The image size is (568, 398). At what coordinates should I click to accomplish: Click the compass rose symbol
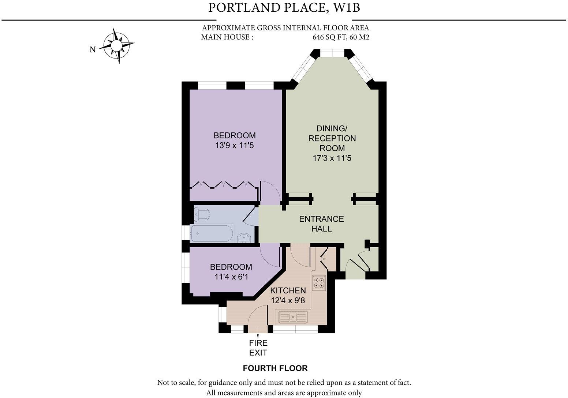(x=116, y=46)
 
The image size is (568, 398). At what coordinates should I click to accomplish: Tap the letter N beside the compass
(x=93, y=50)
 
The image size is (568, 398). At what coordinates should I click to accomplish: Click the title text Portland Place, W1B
(x=284, y=8)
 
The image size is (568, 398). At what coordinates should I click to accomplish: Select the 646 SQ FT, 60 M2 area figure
(x=340, y=37)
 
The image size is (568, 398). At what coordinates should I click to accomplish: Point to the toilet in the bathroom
(x=201, y=214)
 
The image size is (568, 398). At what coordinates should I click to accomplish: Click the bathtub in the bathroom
(x=212, y=233)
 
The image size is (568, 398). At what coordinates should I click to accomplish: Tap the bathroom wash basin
(x=244, y=238)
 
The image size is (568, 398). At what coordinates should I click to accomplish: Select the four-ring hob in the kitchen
(x=318, y=283)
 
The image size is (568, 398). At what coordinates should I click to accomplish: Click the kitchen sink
(x=293, y=317)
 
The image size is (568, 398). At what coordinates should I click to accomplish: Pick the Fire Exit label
(x=258, y=348)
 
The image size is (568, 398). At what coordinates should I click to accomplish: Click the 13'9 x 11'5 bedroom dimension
(x=234, y=146)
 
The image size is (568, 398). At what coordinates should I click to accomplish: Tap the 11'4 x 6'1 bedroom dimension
(x=231, y=277)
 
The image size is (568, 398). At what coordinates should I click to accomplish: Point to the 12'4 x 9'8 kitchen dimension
(x=288, y=300)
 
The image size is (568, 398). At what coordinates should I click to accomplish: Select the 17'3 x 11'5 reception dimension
(x=332, y=158)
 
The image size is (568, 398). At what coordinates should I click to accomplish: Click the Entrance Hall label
(x=321, y=224)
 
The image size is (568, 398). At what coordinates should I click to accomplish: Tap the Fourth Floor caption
(x=275, y=368)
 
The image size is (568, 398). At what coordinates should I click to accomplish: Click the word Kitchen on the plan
(x=288, y=290)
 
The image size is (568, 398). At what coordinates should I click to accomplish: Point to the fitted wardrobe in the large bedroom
(x=223, y=185)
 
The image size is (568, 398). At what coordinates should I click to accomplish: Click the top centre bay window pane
(x=332, y=53)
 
